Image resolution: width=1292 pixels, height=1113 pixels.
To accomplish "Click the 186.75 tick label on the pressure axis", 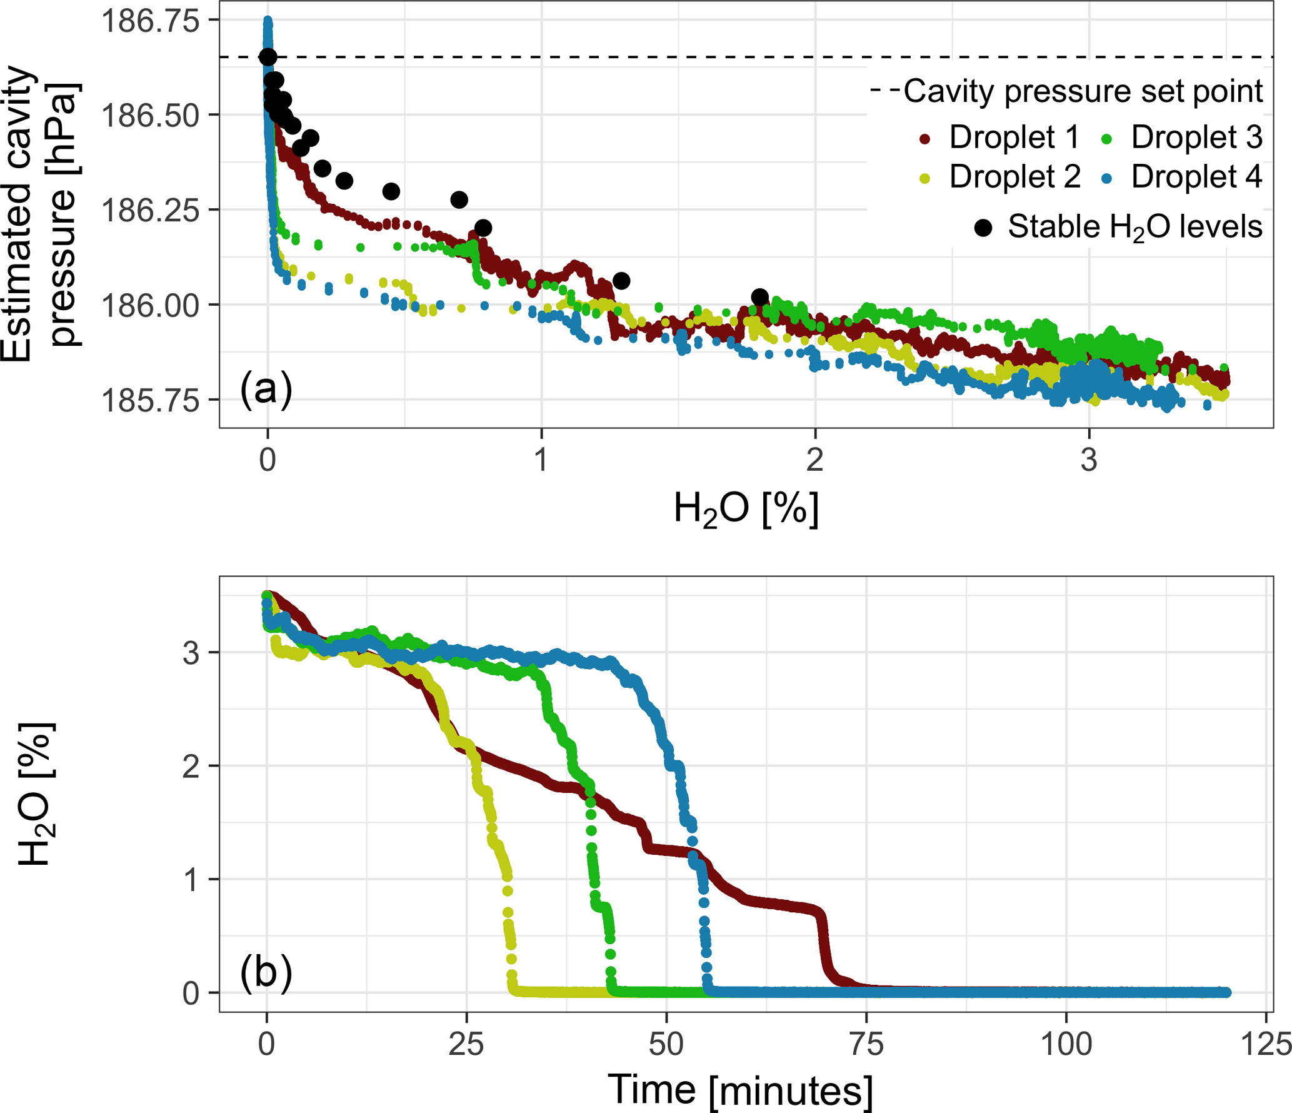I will click(x=151, y=21).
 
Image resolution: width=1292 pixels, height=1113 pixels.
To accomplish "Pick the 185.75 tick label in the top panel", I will click(x=151, y=400).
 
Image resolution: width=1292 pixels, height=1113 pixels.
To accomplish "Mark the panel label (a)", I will click(x=266, y=389).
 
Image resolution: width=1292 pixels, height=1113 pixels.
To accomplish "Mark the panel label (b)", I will click(x=266, y=973).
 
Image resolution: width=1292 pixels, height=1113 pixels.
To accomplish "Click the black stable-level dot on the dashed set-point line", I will click(x=268, y=57).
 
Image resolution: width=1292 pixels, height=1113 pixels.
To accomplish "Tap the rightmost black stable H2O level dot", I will click(x=760, y=297).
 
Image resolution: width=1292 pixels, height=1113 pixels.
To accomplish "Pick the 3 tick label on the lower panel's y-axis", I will click(x=191, y=653).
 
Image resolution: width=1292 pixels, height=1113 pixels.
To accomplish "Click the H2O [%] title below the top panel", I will click(x=746, y=509).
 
